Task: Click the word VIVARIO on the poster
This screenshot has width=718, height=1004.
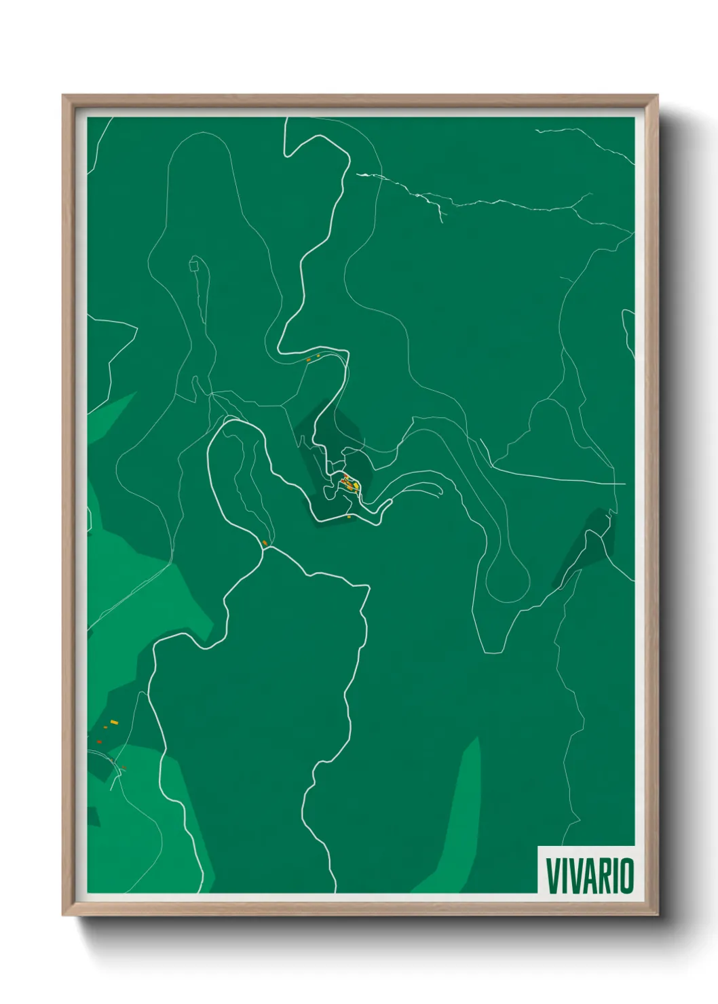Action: (589, 876)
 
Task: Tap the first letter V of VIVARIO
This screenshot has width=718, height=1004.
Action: (552, 876)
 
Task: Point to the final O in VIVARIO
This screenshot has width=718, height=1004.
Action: (626, 876)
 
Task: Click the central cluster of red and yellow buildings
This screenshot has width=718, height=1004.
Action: (349, 483)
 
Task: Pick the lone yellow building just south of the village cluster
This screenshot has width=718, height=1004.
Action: (349, 517)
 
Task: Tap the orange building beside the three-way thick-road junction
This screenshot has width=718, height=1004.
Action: (264, 542)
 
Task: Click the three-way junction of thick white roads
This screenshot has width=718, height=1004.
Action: (269, 547)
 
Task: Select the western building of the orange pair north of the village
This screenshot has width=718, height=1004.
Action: (309, 360)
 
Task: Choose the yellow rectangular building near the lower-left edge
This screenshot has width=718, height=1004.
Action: (114, 722)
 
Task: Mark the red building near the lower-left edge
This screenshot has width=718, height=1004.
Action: (99, 742)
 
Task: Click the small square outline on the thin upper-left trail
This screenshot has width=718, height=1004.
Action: (195, 264)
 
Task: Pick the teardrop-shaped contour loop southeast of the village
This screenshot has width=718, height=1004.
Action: (509, 577)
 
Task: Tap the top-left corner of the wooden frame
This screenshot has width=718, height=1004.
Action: (63, 96)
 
